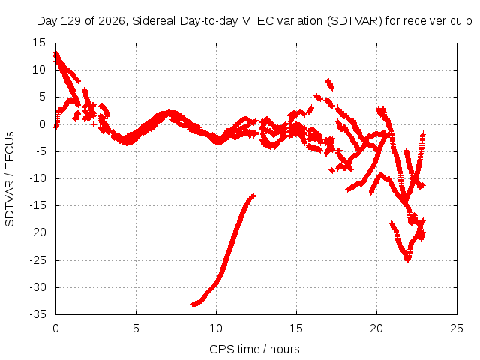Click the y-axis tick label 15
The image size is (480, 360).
pos(38,43)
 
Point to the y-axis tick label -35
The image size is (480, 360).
pos(37,314)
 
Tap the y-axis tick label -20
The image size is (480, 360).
pos(37,232)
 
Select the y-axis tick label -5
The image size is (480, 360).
pos(40,151)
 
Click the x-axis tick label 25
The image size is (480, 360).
pos(457,328)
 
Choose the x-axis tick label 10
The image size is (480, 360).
pos(216,328)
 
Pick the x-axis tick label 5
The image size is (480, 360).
pos(136,328)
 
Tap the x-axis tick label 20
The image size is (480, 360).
pos(376,328)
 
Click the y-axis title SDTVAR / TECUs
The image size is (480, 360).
pos(10,179)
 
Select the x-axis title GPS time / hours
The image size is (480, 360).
pos(254,349)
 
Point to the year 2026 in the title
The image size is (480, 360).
pos(112,21)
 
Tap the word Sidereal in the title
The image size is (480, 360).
pos(154,21)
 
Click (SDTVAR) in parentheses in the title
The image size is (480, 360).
pos(355,21)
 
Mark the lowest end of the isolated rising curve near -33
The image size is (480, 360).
pos(193,304)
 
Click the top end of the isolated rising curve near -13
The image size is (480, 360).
pos(253,195)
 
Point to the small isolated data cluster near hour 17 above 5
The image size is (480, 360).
pos(330,84)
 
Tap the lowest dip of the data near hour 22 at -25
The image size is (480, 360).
pos(407,259)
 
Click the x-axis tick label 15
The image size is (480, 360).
pos(296,328)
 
